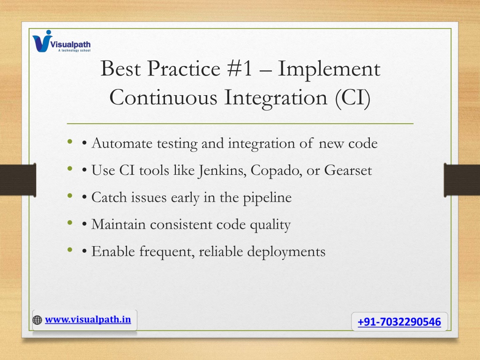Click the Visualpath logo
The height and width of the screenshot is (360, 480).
click(x=61, y=41)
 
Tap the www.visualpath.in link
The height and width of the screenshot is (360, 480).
click(x=88, y=320)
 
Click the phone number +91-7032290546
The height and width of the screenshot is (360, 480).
click(x=399, y=322)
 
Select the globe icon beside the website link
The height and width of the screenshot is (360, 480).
click(x=37, y=320)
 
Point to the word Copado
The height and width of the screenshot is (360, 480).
click(x=276, y=171)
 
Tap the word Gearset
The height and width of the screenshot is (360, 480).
click(x=348, y=170)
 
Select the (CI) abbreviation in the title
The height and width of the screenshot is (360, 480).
click(x=352, y=97)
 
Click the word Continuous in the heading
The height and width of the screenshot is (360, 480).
click(x=163, y=97)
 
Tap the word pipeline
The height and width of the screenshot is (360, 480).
click(x=267, y=198)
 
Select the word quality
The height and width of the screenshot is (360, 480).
click(x=270, y=225)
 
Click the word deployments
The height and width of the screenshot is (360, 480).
click(x=286, y=252)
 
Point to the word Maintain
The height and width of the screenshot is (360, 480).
click(x=119, y=225)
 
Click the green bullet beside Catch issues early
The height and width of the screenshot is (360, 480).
click(x=70, y=195)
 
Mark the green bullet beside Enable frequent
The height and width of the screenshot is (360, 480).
click(x=70, y=249)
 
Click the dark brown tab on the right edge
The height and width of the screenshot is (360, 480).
click(x=462, y=180)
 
